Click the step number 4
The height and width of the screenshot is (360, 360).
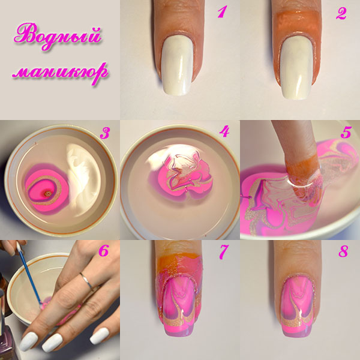coord(224,131)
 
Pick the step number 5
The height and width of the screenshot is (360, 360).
coord(345,132)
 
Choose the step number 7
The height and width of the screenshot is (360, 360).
coord(224,253)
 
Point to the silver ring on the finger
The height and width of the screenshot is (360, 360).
coord(88,280)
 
